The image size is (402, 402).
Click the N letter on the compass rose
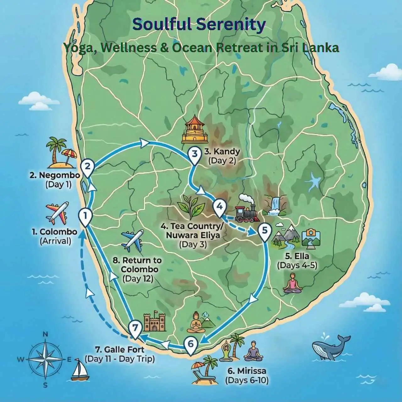tap(45, 334)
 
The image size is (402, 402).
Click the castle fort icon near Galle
tap(155, 322)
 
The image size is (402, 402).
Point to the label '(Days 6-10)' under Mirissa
tap(247, 380)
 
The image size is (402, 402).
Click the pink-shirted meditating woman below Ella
tap(292, 283)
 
